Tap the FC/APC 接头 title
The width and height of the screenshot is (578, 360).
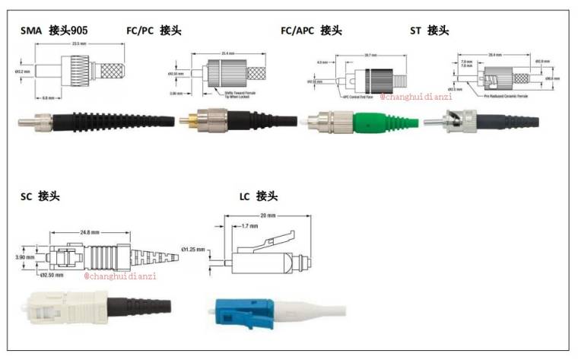click(x=311, y=30)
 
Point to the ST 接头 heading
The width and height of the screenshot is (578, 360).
click(x=429, y=30)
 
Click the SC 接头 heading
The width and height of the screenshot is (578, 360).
click(x=40, y=196)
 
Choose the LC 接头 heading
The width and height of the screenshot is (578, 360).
click(x=259, y=196)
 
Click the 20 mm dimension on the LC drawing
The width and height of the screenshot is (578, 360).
click(x=267, y=215)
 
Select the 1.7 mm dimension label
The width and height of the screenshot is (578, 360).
click(x=243, y=226)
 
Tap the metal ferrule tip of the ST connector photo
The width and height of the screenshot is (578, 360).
click(x=430, y=120)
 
